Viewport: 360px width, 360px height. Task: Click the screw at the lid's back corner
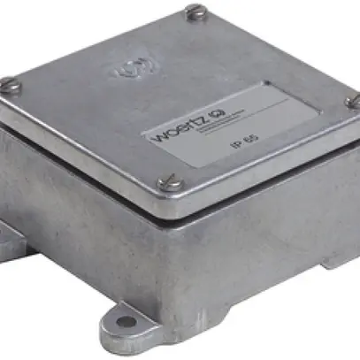click(x=196, y=12)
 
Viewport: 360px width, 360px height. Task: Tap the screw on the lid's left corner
click(x=9, y=86)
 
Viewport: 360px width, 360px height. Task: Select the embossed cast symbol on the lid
click(x=132, y=68)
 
